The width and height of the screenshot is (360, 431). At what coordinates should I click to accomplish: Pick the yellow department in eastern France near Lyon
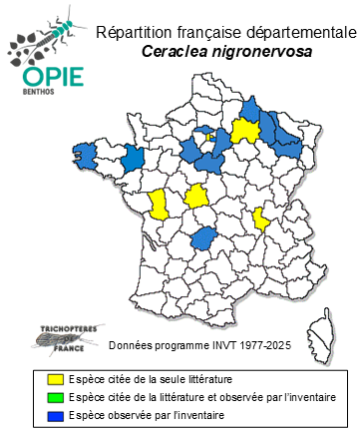tap(261, 217)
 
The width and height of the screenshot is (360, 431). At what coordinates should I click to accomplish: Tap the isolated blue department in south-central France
tap(205, 237)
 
